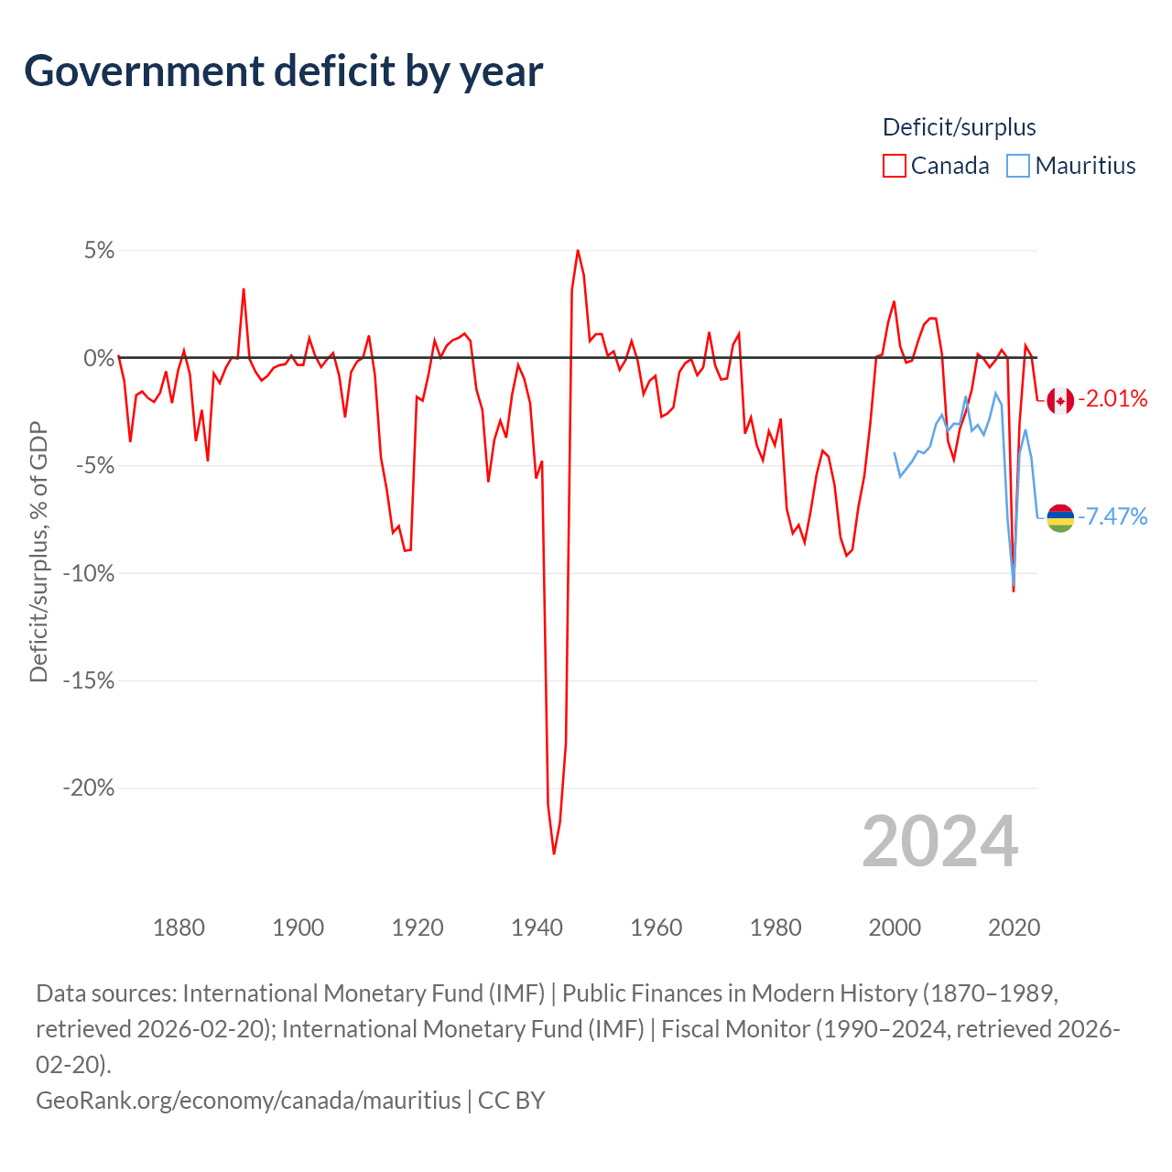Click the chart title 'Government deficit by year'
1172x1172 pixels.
click(x=284, y=71)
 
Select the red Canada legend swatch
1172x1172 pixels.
click(x=894, y=166)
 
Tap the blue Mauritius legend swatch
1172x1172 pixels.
click(x=1017, y=166)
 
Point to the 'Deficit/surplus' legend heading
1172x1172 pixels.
click(x=959, y=127)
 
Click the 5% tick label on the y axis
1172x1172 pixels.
click(x=99, y=251)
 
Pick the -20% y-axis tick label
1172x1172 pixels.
click(x=88, y=788)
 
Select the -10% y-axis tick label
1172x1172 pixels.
click(x=88, y=574)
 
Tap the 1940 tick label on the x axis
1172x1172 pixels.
click(x=537, y=928)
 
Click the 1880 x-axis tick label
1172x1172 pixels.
click(x=179, y=928)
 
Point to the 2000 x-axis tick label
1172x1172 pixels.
click(x=895, y=928)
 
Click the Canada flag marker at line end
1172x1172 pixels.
click(x=1060, y=400)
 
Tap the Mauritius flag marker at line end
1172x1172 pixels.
click(x=1060, y=518)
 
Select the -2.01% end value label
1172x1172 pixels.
click(x=1112, y=398)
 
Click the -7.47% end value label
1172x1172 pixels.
click(x=1112, y=516)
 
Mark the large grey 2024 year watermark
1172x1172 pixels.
click(x=939, y=841)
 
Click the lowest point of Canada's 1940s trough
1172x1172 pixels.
click(x=554, y=853)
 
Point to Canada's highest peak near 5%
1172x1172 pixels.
click(x=578, y=250)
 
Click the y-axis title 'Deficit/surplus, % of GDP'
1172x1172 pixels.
click(x=38, y=552)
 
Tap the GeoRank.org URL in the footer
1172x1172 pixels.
click(x=248, y=1100)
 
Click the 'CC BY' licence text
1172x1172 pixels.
click(x=512, y=1100)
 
